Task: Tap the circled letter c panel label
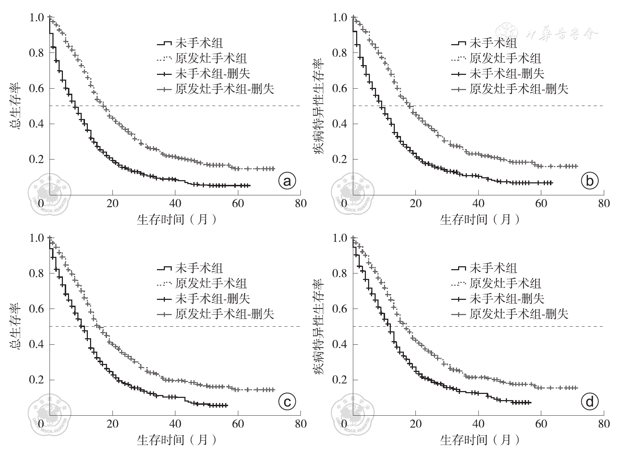287,402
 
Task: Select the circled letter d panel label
590,402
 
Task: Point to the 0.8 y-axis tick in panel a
36,53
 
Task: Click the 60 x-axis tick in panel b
541,203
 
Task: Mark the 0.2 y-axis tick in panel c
36,379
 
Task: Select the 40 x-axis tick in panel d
478,424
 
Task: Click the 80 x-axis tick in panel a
300,203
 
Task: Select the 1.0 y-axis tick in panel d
340,238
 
